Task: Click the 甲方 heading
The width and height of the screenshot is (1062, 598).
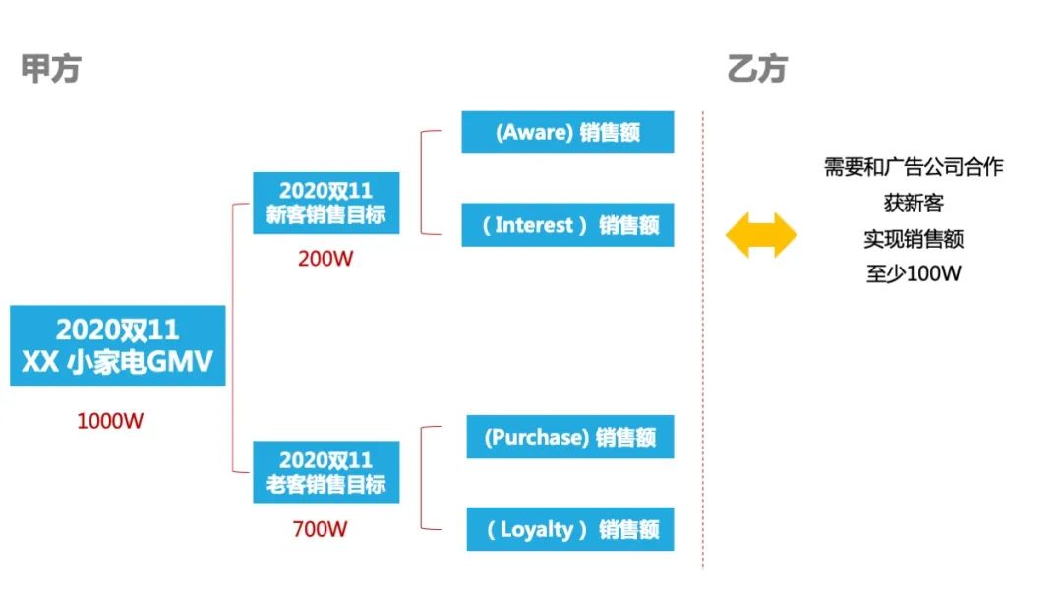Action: pos(50,69)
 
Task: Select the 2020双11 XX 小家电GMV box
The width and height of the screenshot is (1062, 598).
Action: pos(118,345)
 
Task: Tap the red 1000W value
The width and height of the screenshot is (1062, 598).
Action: pos(110,421)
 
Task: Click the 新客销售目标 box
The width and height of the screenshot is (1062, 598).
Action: pos(325,203)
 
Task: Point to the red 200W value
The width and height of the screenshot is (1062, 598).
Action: pos(324,260)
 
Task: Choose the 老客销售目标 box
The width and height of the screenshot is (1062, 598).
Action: pos(325,472)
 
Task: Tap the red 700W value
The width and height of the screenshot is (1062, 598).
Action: pos(320,529)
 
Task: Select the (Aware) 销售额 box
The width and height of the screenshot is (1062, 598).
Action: pos(567,132)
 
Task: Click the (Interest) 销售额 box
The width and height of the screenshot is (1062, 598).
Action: pos(567,224)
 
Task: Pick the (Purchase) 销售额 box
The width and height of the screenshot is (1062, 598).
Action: pos(569,437)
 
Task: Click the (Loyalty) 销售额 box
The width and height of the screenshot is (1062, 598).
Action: pos(569,529)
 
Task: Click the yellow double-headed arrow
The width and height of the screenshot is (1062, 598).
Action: pos(761,236)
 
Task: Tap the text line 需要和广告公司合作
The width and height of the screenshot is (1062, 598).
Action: pos(913,167)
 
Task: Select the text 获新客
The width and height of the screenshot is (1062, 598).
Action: pos(913,204)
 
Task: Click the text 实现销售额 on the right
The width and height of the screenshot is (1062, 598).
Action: pos(913,239)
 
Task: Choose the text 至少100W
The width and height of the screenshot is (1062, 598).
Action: pos(913,274)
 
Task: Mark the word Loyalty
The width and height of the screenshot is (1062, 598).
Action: pos(536,529)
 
